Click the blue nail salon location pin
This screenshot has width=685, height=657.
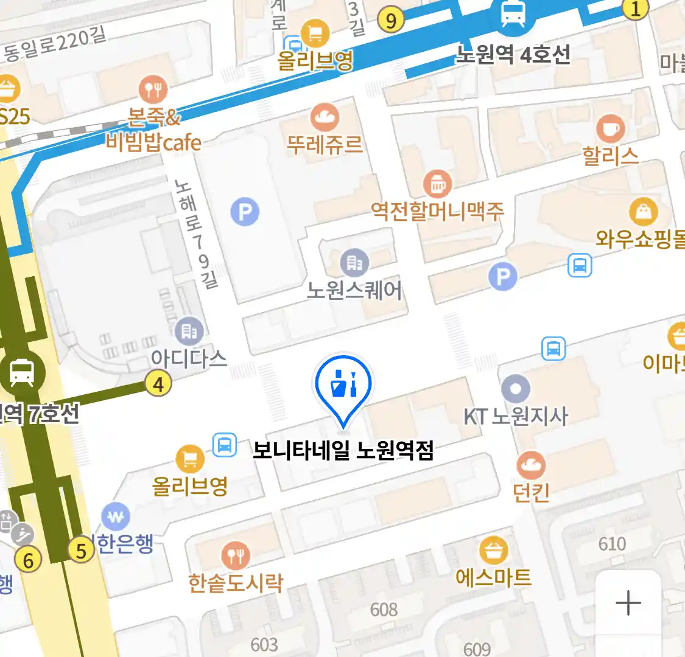tap(343, 385)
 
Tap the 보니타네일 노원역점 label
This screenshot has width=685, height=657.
tap(343, 451)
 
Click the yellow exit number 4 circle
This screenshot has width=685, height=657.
tap(158, 384)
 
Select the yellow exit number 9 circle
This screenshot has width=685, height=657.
tap(391, 21)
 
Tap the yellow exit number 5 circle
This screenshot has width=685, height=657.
tap(81, 551)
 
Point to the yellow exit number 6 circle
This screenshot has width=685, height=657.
tap(28, 559)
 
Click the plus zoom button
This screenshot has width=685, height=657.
tap(628, 603)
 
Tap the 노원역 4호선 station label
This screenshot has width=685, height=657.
tap(513, 55)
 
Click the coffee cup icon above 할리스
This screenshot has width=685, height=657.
tap(610, 128)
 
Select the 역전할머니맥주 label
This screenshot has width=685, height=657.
tap(438, 211)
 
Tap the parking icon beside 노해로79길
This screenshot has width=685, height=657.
tap(245, 212)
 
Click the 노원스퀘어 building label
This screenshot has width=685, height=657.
tap(354, 290)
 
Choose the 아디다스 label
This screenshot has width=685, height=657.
tap(189, 358)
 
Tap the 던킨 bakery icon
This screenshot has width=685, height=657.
tap(531, 466)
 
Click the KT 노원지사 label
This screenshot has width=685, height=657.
tap(516, 417)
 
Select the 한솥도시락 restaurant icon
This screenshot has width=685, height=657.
tap(236, 555)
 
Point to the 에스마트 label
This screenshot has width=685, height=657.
tap(493, 577)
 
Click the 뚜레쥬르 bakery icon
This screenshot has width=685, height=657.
tap(325, 117)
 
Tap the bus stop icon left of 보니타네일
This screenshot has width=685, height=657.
tap(225, 445)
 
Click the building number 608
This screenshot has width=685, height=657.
tap(384, 609)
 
